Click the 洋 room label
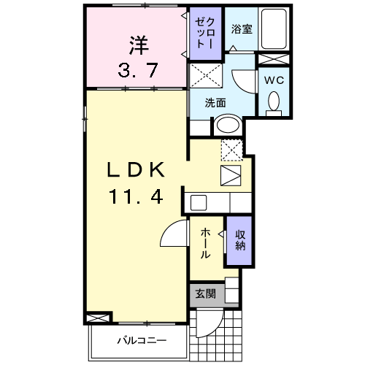pyautogui.click(x=139, y=45)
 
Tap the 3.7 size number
pyautogui.click(x=138, y=70)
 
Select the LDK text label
pyautogui.click(x=136, y=169)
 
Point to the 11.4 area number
pyautogui.click(x=136, y=196)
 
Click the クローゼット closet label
pyautogui.click(x=205, y=33)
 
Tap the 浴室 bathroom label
pyautogui.click(x=242, y=29)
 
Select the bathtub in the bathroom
pyautogui.click(x=274, y=29)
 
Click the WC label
pyautogui.click(x=274, y=80)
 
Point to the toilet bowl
pyautogui.click(x=274, y=101)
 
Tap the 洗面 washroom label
pyautogui.click(x=215, y=103)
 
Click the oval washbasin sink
pyautogui.click(x=228, y=125)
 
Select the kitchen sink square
pyautogui.click(x=199, y=203)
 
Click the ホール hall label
pyautogui.click(x=205, y=243)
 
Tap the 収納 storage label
pyautogui.click(x=240, y=240)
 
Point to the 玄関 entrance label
pyautogui.click(x=206, y=294)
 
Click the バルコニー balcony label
pyautogui.click(x=142, y=340)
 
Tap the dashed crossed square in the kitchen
pyautogui.click(x=232, y=150)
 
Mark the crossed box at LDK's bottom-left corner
pyautogui.click(x=97, y=318)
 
